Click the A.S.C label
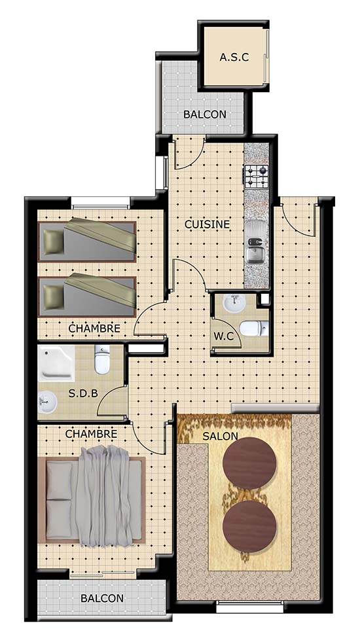click(x=234, y=57)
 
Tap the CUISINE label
click(x=207, y=224)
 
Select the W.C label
click(x=224, y=336)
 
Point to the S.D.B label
click(x=83, y=393)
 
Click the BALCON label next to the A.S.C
click(x=204, y=115)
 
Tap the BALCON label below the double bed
click(x=102, y=598)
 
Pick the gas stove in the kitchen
click(x=257, y=177)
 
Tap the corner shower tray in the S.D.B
click(x=56, y=363)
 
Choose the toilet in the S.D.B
click(x=102, y=359)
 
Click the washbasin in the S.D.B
click(x=48, y=402)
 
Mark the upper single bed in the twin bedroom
click(x=87, y=241)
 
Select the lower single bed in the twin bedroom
click(x=87, y=296)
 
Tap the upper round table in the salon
click(x=249, y=463)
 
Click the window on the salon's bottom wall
click(x=250, y=607)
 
